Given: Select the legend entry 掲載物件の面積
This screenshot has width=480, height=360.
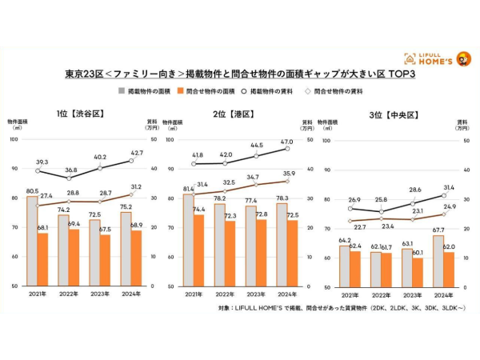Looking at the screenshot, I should tap(148, 92).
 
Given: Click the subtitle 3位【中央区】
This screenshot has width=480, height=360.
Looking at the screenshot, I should tap(394, 114).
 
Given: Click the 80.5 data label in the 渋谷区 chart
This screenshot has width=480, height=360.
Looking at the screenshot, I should tap(33, 191).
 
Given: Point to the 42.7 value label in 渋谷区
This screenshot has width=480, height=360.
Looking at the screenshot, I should tap(137, 153).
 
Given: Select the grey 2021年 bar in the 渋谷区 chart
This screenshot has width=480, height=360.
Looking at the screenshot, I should tap(33, 241).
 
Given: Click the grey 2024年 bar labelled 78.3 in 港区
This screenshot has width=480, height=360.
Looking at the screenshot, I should tap(281, 244).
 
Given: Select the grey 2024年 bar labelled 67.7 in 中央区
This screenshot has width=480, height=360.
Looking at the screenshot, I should tap(437, 260).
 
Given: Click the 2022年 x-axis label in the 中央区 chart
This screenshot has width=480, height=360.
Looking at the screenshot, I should tap(381, 294).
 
